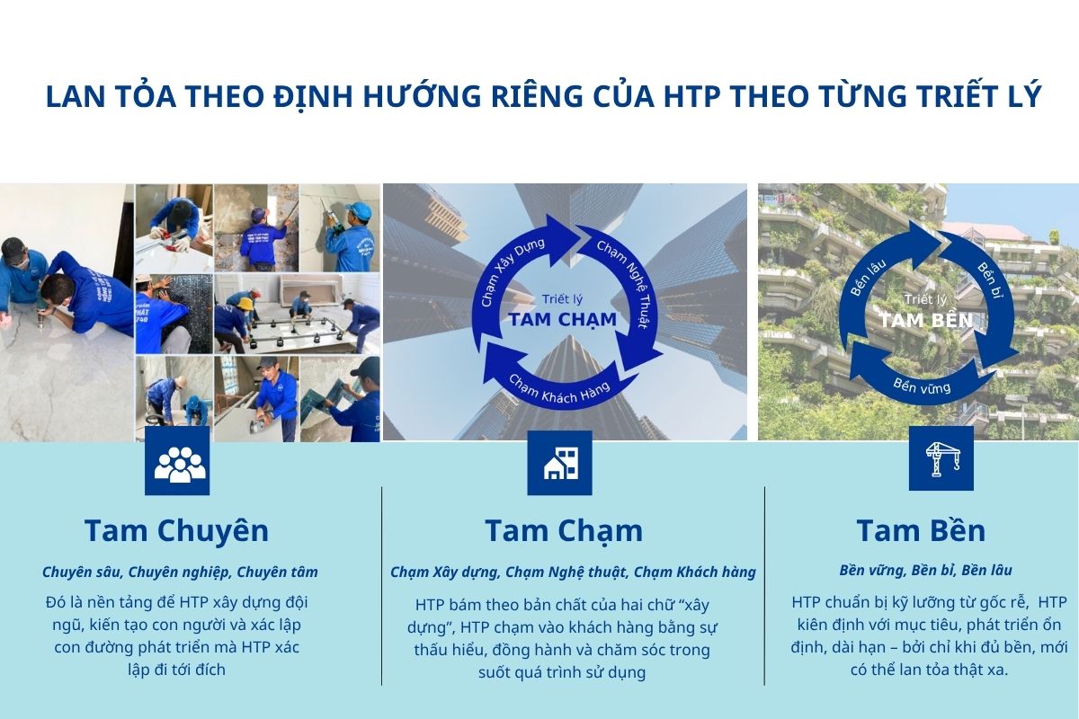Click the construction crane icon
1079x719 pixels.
click(x=941, y=458)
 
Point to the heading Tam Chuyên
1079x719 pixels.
click(x=177, y=530)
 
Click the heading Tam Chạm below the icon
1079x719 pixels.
click(x=564, y=532)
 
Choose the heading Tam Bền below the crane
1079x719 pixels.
click(x=921, y=530)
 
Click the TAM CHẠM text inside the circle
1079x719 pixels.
click(x=563, y=319)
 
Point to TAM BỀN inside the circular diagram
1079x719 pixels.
click(x=926, y=320)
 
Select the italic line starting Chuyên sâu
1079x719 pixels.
click(x=180, y=573)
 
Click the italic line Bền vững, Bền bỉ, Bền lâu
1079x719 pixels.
click(x=925, y=570)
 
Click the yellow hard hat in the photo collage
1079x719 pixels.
click(x=247, y=304)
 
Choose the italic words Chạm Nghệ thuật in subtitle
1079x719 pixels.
click(x=566, y=573)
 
